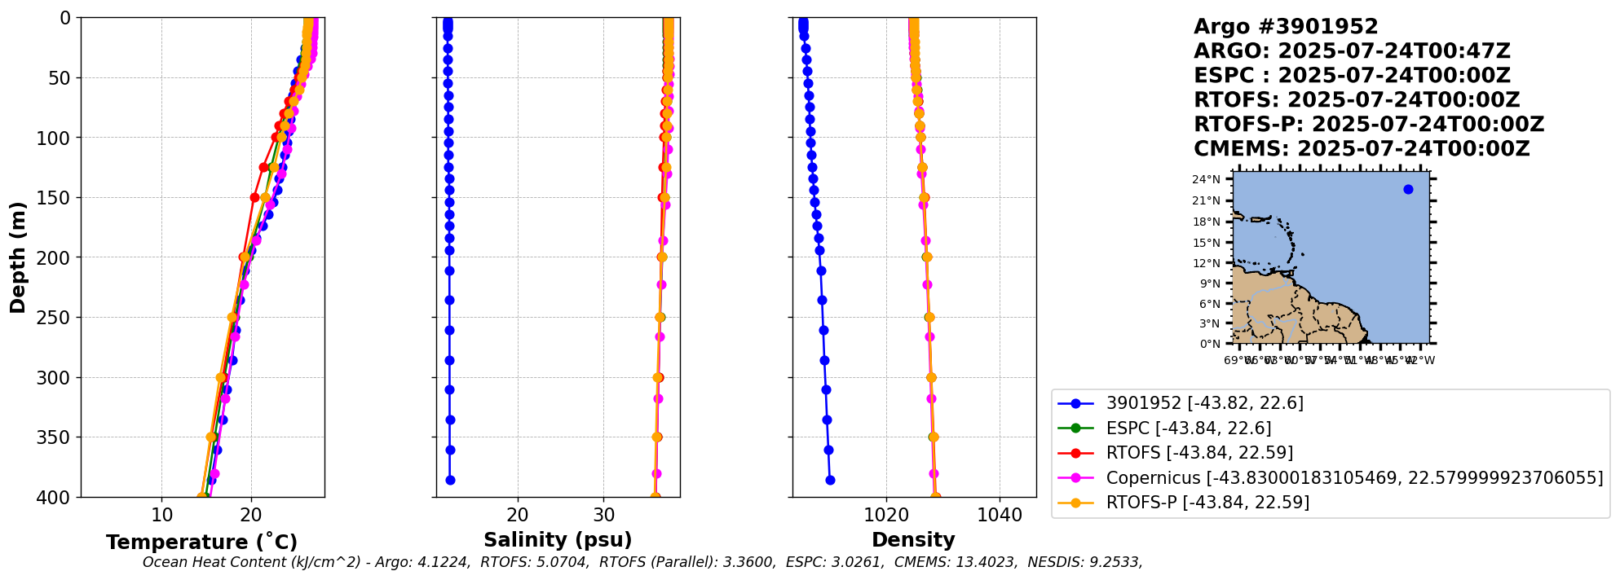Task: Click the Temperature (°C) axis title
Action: pyautogui.click(x=201, y=543)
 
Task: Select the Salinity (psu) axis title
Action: pyautogui.click(x=558, y=540)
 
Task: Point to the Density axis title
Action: pyautogui.click(x=913, y=540)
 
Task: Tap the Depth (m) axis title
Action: pyautogui.click(x=18, y=257)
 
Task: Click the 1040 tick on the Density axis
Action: pyautogui.click(x=1000, y=516)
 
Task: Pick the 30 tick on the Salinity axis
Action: pyautogui.click(x=604, y=516)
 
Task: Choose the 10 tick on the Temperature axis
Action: pyautogui.click(x=161, y=516)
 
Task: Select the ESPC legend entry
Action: pyautogui.click(x=1188, y=428)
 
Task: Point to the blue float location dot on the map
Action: pyautogui.click(x=1408, y=190)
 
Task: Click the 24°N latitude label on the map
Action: pyautogui.click(x=1207, y=180)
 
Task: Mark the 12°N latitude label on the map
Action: pyautogui.click(x=1207, y=263)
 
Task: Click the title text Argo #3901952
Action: pyautogui.click(x=1286, y=27)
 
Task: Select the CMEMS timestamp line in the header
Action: pyautogui.click(x=1362, y=149)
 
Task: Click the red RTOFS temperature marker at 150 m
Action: pyautogui.click(x=254, y=197)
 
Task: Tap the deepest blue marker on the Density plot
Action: pyautogui.click(x=830, y=480)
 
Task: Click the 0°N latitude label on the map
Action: pyautogui.click(x=1209, y=344)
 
